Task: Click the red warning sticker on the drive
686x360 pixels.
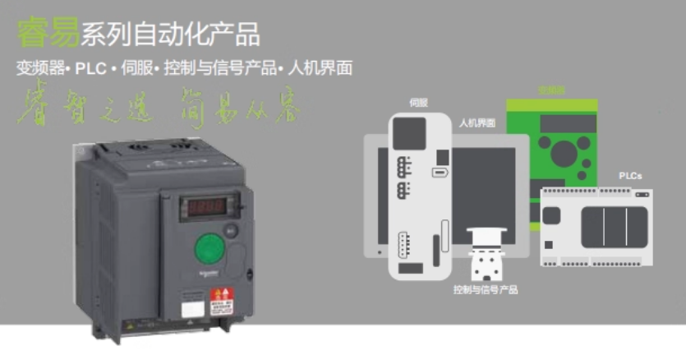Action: [x=223, y=297]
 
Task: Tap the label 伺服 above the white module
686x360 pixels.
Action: [x=418, y=104]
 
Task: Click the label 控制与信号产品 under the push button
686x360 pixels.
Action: [x=486, y=290]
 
